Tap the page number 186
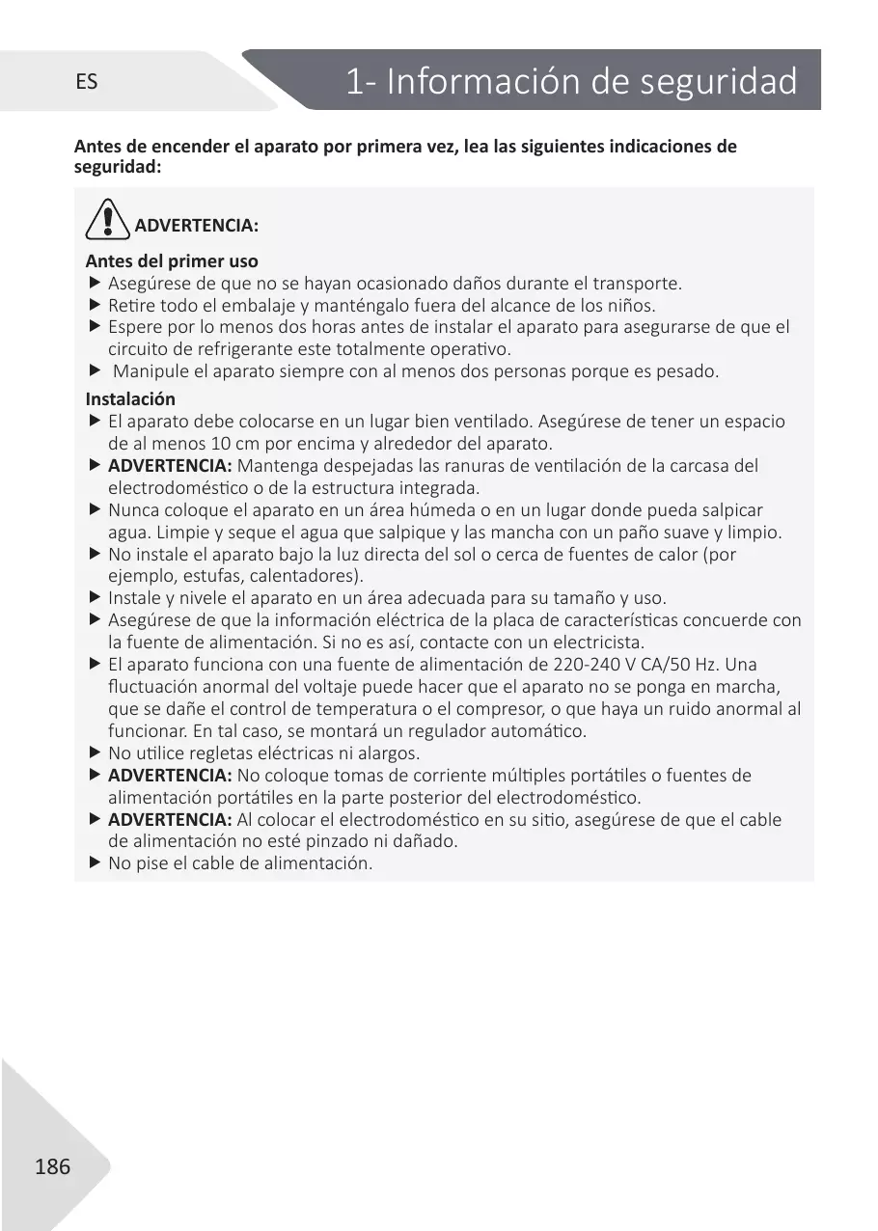pos(52,1167)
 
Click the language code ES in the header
pos(86,82)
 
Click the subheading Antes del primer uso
pos(172,261)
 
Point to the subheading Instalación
pos(130,399)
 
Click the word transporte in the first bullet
pos(637,284)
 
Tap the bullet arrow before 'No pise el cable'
pos(95,863)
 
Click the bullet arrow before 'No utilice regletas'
pos(95,752)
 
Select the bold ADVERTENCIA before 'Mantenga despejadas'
pos(170,466)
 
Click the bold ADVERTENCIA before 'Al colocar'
pos(170,820)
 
